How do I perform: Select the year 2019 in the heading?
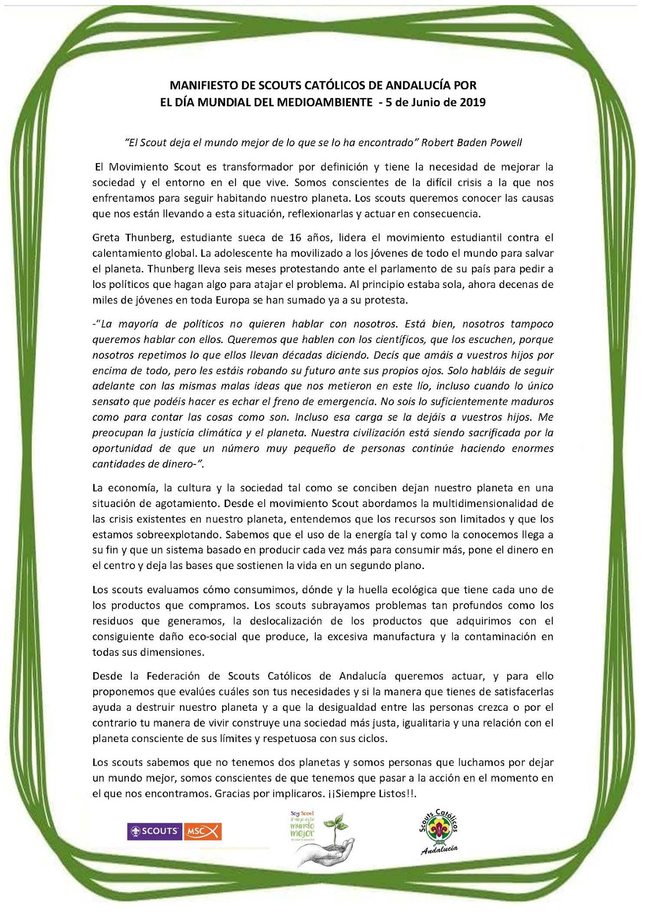pos(472,103)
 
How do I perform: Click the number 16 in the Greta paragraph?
pos(295,237)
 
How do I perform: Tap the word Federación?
pos(173,676)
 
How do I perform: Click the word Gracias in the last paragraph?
pos(232,794)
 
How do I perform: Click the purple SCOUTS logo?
pos(155,831)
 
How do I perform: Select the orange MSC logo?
pos(202,831)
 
